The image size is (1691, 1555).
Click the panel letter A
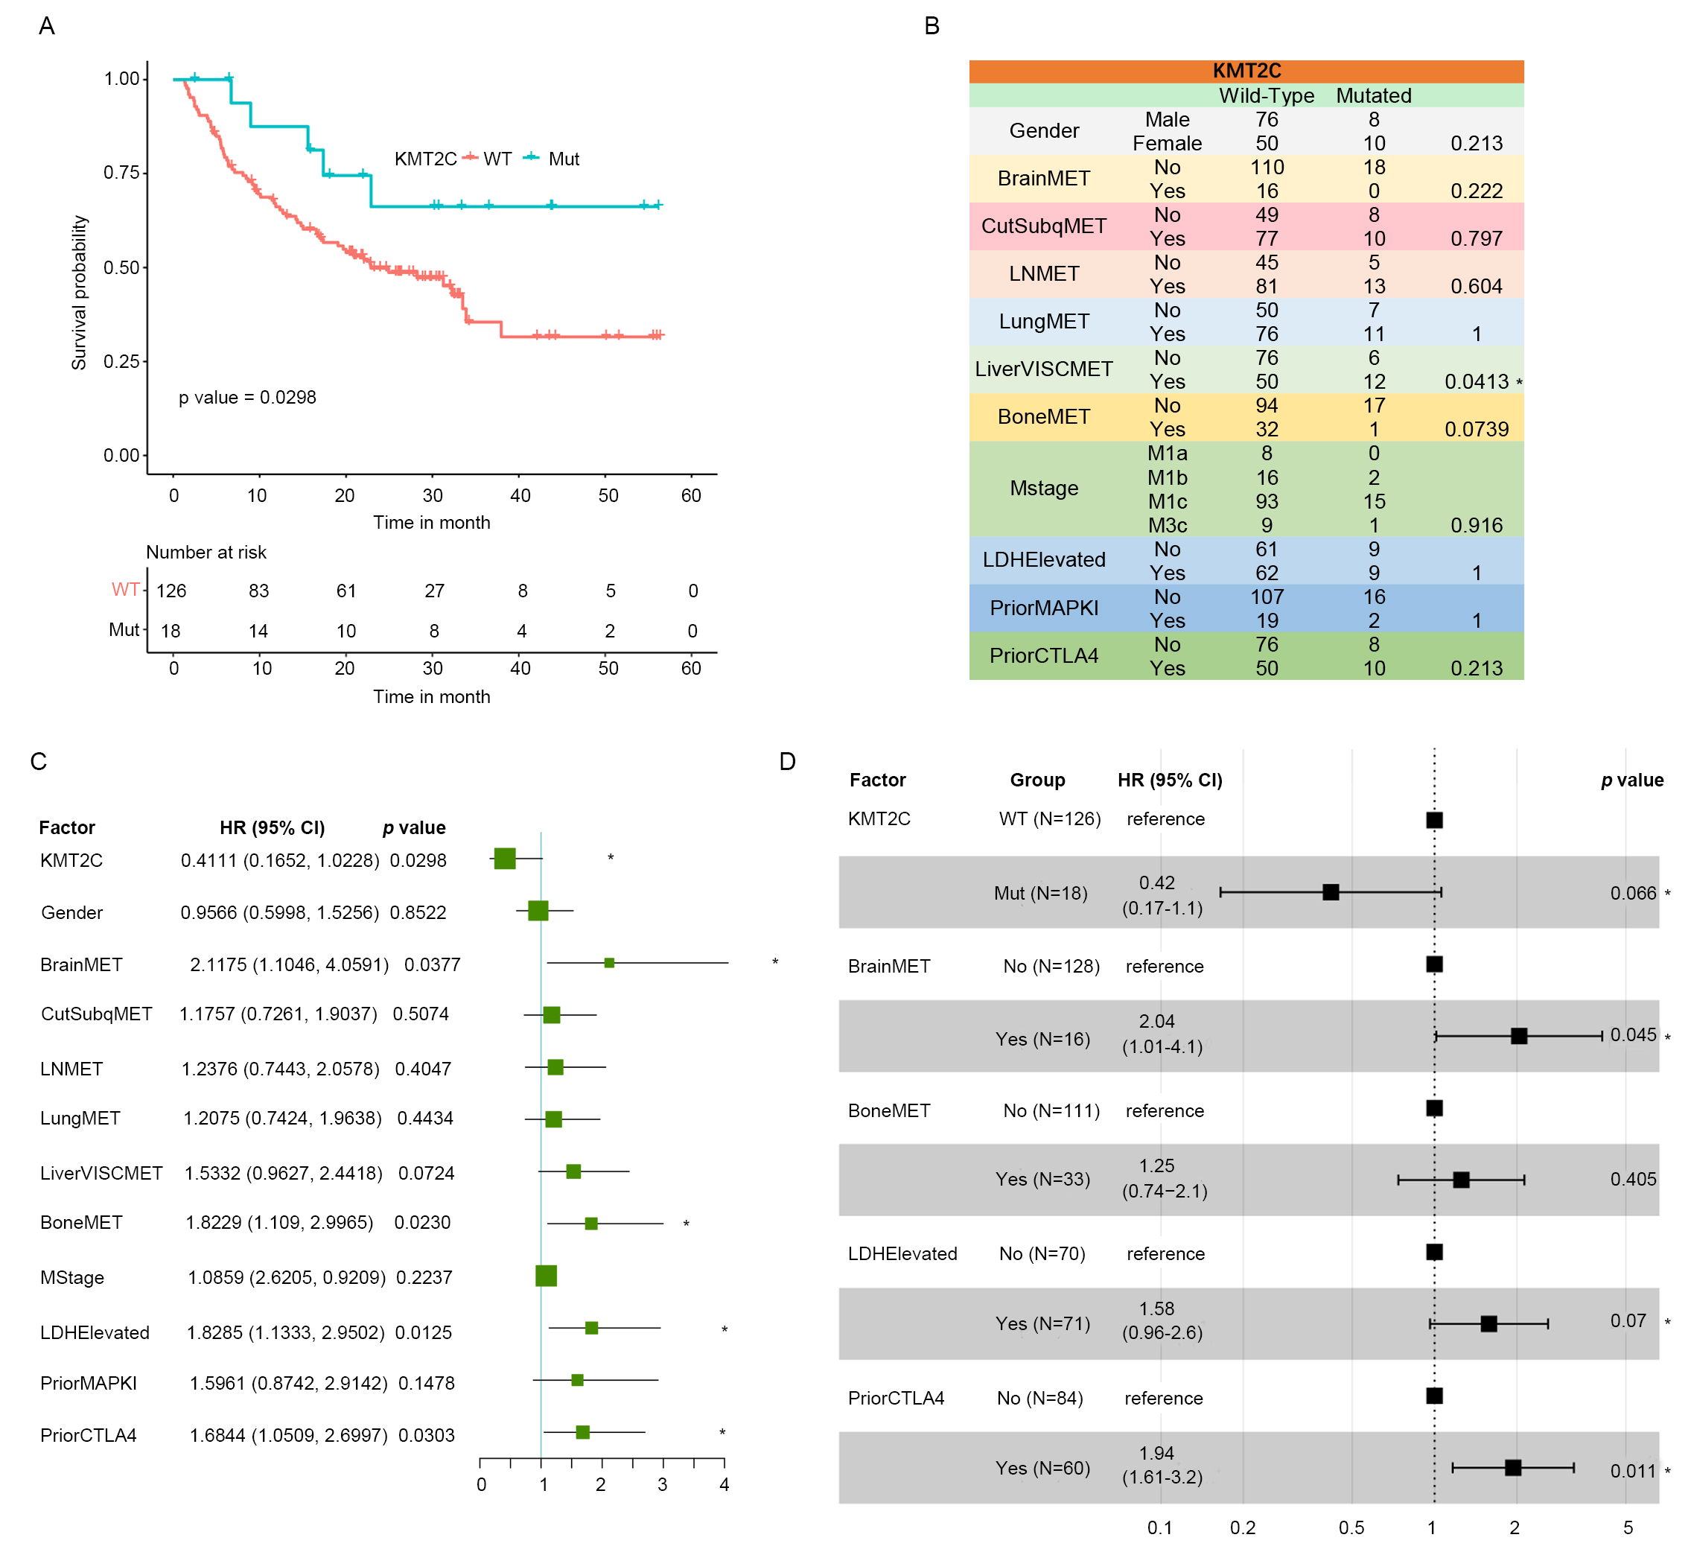47,26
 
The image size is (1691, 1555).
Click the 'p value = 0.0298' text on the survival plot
247,397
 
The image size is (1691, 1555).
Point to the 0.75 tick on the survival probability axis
122,173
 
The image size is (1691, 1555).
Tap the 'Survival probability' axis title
79,292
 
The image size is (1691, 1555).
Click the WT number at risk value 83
258,591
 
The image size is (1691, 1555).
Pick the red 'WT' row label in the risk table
125,590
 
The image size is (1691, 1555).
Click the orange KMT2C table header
1246,71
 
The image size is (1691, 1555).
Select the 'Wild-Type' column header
1266,96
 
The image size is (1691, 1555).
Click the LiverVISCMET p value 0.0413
1477,381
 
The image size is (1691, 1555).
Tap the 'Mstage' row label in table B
1043,488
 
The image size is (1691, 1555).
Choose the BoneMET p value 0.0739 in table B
1477,429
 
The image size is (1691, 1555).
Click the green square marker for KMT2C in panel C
505,858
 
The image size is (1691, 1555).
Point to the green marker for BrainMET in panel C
609,963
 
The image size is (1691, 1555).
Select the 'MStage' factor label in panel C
72,1277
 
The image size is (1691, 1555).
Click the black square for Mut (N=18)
1330,892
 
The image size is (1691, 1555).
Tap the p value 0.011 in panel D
1632,1471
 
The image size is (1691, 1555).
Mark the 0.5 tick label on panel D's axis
1351,1527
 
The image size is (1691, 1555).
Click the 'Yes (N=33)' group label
1042,1179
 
